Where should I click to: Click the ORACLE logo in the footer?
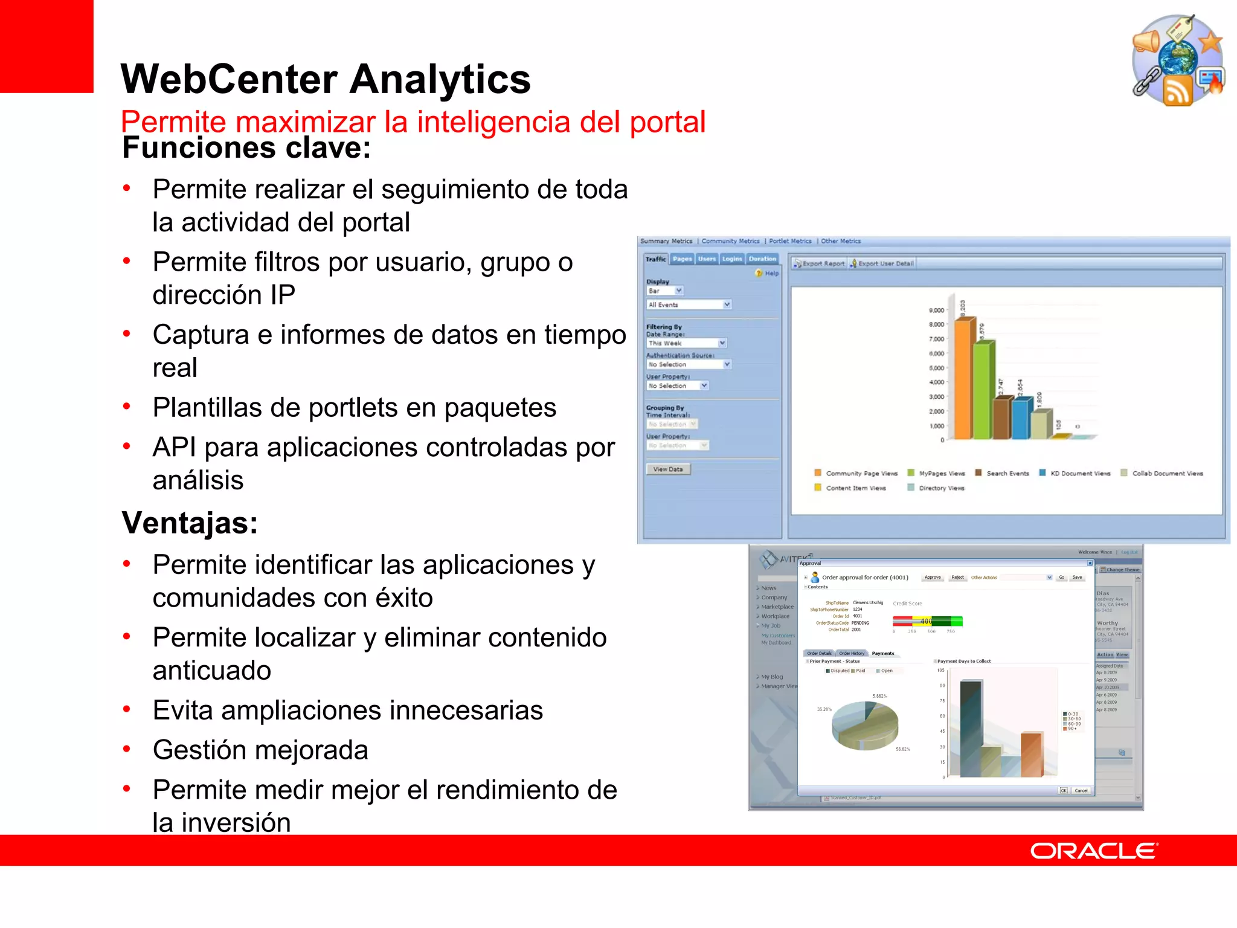[x=1093, y=851]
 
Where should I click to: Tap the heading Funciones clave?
[x=246, y=148]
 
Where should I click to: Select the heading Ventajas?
[x=190, y=523]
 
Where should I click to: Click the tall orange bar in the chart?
[x=963, y=378]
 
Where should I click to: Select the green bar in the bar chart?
[x=983, y=390]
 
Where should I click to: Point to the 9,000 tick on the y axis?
[x=936, y=311]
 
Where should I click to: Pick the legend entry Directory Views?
[x=941, y=488]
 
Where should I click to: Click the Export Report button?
[x=819, y=263]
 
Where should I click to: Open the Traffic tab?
[x=655, y=259]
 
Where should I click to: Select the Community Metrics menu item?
[x=730, y=241]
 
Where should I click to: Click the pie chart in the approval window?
[x=864, y=725]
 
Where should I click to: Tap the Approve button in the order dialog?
[x=933, y=578]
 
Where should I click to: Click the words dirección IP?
[x=223, y=295]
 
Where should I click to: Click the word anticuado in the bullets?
[x=211, y=671]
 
